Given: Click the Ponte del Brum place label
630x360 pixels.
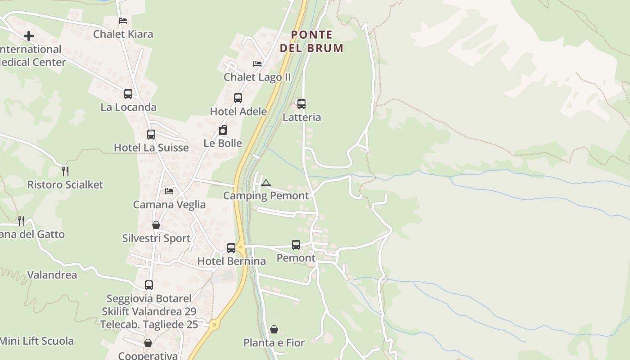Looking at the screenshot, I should (x=311, y=41).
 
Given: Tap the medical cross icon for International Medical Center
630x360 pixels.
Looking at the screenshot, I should (x=29, y=36).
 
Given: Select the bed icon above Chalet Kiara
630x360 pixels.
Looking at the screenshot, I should (x=123, y=21).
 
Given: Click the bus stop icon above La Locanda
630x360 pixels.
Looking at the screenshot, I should (x=128, y=94).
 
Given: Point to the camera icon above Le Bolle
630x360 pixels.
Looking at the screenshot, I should (x=223, y=130).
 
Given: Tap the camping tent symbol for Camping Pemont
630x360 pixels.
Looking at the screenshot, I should (x=266, y=183).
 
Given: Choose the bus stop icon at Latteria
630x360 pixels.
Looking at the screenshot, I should (x=301, y=104).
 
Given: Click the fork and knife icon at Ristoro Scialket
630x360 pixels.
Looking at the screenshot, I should (x=65, y=171).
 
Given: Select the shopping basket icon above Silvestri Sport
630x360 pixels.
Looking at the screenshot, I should (x=156, y=225).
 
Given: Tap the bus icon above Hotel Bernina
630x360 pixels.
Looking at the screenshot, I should (x=231, y=247).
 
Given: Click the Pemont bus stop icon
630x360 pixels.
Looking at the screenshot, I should (x=296, y=245).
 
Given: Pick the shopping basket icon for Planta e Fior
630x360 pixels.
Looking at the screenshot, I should (x=274, y=329).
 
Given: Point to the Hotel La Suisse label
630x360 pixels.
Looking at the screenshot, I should (x=151, y=148).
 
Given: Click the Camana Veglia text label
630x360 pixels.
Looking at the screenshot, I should (x=169, y=205).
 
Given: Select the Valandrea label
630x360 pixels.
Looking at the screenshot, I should (x=52, y=275).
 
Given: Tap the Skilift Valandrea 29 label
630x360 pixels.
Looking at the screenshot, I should (x=149, y=311).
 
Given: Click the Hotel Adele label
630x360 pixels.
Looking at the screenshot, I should (x=238, y=112).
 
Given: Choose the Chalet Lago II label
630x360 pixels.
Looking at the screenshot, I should (x=257, y=77).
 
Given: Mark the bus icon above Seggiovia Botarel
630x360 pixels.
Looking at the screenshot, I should (x=149, y=285).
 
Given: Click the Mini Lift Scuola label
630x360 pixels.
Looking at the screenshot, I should (x=37, y=341).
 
